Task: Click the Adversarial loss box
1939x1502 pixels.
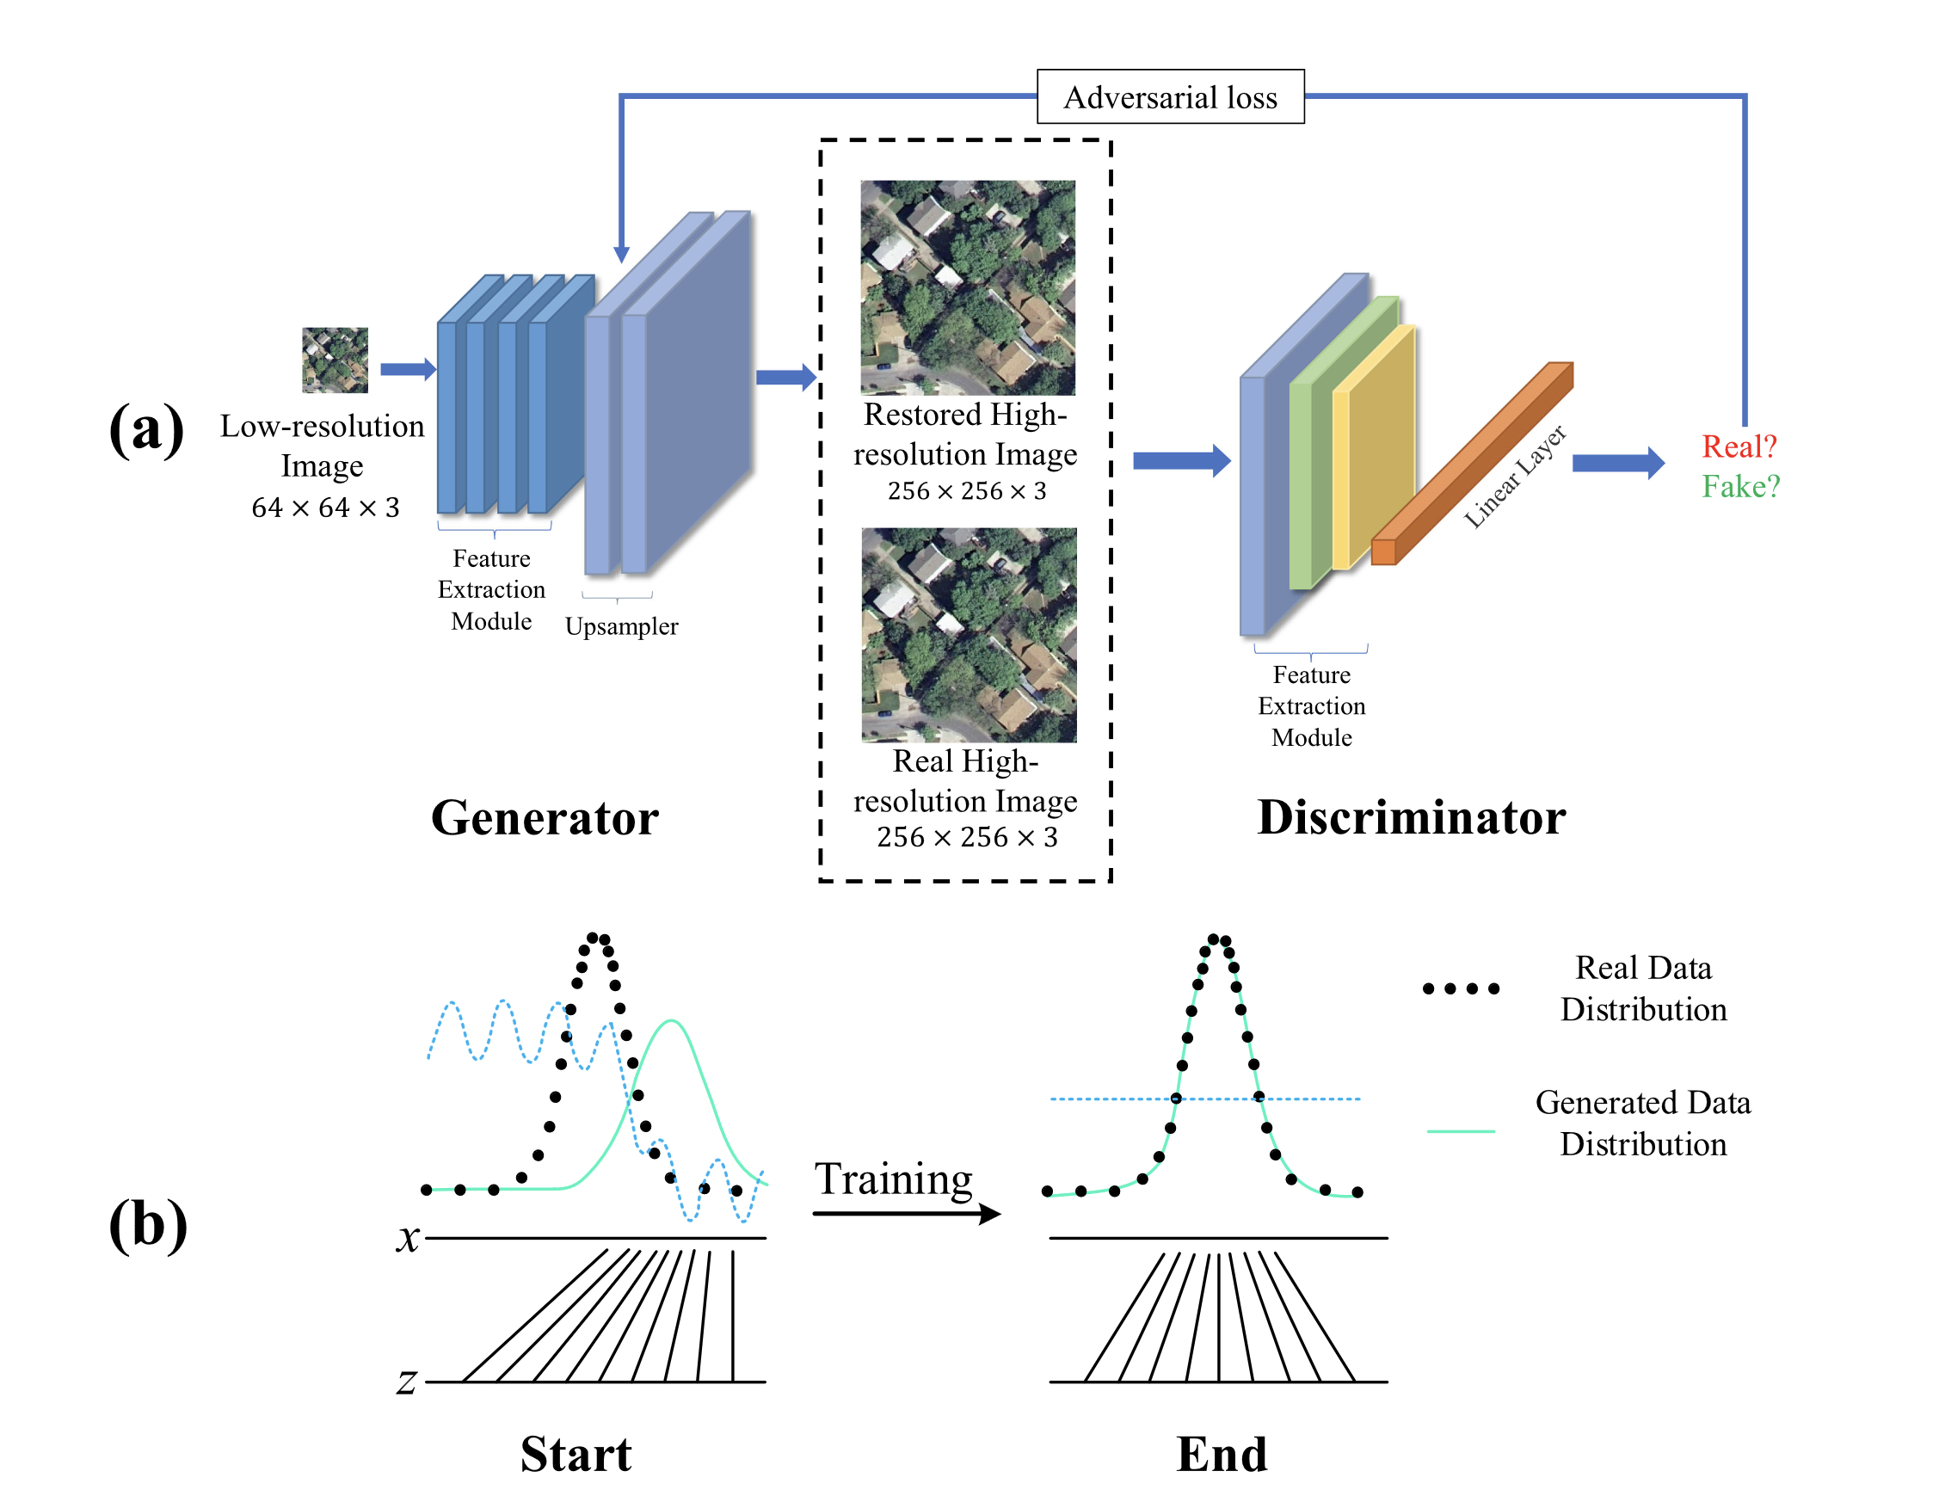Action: (1170, 96)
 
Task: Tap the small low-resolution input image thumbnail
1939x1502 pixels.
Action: (335, 360)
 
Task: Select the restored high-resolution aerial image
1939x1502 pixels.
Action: (968, 287)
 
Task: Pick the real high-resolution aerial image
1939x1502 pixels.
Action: (969, 635)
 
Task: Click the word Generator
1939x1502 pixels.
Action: (545, 817)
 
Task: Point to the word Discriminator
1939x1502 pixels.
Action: (1411, 817)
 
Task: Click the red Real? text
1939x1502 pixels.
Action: (1739, 446)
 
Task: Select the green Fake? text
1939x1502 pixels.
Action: (1740, 486)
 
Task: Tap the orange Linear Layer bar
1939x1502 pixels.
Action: (1474, 462)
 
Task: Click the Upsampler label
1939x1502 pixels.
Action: (621, 627)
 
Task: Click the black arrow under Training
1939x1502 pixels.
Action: (906, 1214)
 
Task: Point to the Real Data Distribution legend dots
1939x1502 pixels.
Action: (1461, 989)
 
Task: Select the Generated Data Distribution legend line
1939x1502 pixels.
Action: (1461, 1131)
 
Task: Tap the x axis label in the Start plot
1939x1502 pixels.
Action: (408, 1237)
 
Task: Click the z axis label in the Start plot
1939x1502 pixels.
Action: (407, 1382)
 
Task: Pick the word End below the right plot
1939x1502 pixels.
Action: (1222, 1454)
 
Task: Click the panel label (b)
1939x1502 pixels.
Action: (147, 1224)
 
